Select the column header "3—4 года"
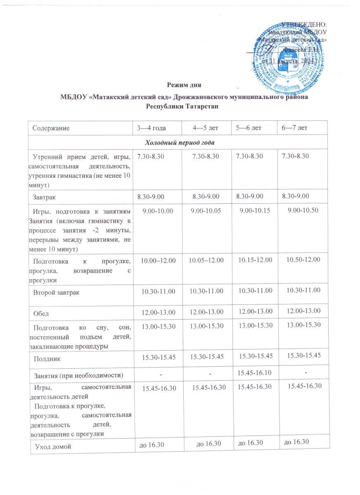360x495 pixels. coord(152,128)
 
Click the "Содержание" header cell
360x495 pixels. coord(51,128)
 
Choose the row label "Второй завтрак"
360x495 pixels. coord(57,292)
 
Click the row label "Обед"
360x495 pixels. coord(41,313)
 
